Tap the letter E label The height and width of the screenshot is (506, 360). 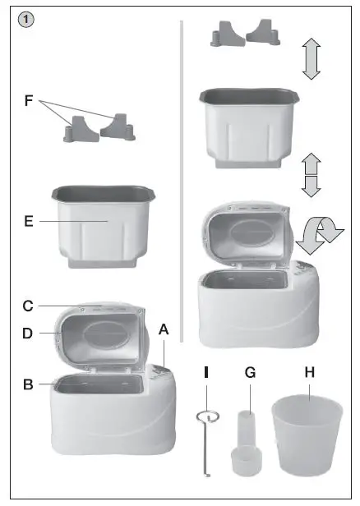tap(28, 222)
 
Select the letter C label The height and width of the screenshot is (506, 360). tap(28, 306)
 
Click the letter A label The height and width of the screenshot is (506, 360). tap(164, 328)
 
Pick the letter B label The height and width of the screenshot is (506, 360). tap(28, 384)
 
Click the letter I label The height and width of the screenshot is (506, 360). tap(206, 372)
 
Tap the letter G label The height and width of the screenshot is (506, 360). tap(251, 372)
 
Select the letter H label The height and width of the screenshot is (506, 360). tap(309, 372)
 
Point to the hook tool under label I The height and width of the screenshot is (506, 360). tap(209, 444)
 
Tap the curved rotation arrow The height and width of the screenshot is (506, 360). tap(319, 238)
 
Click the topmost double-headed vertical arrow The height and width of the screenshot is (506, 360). tap(310, 58)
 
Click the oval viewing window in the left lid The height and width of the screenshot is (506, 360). tap(105, 336)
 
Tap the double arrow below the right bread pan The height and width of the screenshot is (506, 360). tap(310, 174)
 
